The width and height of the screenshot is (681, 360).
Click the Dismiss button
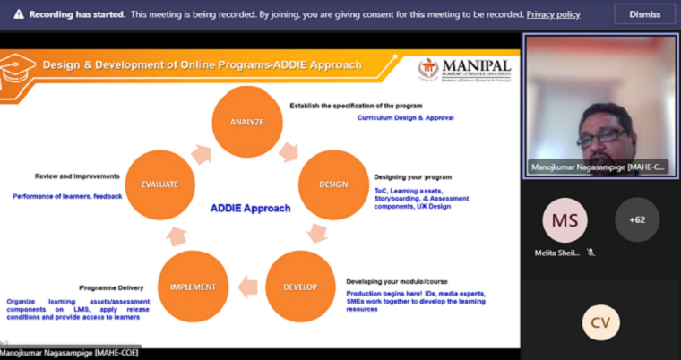pyautogui.click(x=644, y=14)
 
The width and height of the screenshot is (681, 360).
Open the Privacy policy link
pyautogui.click(x=553, y=14)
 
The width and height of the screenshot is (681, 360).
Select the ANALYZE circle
pyautogui.click(x=246, y=121)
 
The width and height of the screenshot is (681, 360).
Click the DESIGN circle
pyautogui.click(x=333, y=184)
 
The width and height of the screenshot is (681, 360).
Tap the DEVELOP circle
pyautogui.click(x=300, y=287)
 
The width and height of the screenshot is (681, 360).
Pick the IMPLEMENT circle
pyautogui.click(x=193, y=287)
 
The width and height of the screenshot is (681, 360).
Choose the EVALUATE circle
pyautogui.click(x=159, y=184)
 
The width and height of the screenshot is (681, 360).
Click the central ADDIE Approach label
pyautogui.click(x=250, y=208)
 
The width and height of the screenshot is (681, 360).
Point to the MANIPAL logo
pyautogui.click(x=465, y=69)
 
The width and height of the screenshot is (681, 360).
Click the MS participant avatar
pyautogui.click(x=565, y=219)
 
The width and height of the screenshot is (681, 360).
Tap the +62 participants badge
pyautogui.click(x=637, y=219)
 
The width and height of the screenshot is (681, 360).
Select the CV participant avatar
pyautogui.click(x=600, y=322)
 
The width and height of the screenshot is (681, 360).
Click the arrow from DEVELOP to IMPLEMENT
pyautogui.click(x=247, y=287)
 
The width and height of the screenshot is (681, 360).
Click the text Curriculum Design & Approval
pyautogui.click(x=405, y=118)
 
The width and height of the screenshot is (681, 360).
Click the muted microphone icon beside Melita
pyautogui.click(x=590, y=253)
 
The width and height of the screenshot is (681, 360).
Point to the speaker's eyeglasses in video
pyautogui.click(x=600, y=135)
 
